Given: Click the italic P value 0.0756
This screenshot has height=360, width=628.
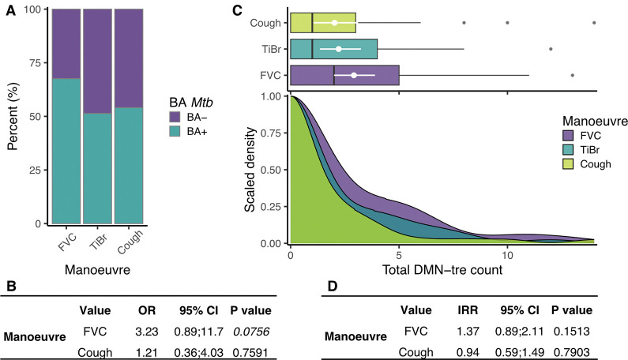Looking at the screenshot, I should click(x=254, y=332).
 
